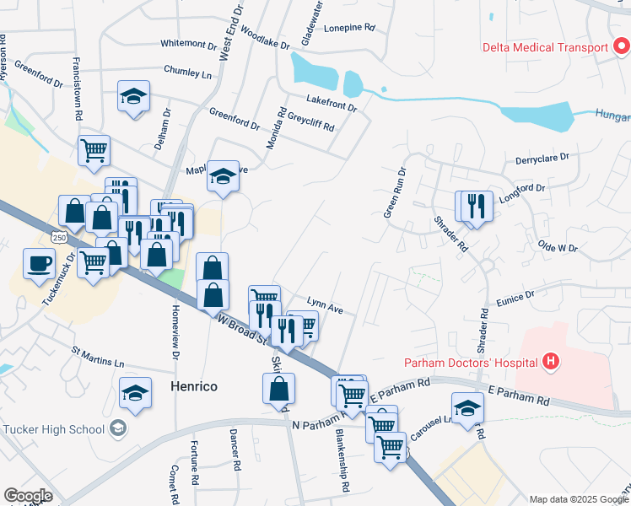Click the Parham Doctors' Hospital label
tap(471, 363)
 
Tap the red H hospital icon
tap(552, 363)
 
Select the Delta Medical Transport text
tap(544, 47)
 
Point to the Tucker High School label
tap(52, 428)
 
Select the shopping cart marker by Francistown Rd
tap(94, 150)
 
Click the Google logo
tap(28, 496)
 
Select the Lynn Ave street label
tap(325, 304)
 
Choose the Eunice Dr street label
tap(516, 297)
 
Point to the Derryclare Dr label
tap(542, 158)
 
